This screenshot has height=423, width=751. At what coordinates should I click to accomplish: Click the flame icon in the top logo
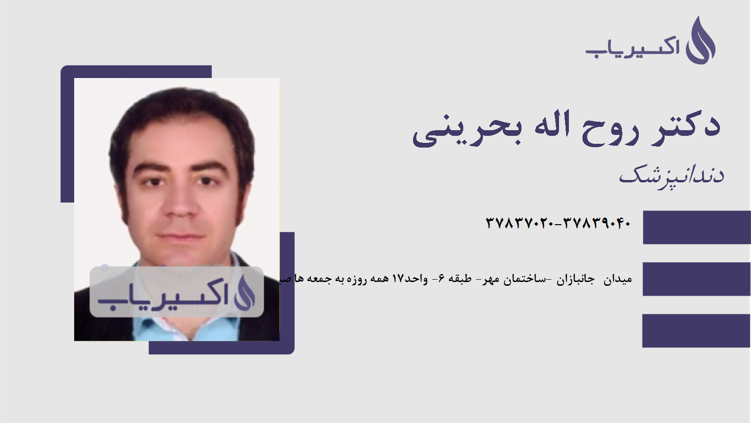[x=700, y=41]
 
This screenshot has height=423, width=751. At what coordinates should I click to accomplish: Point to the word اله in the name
[x=552, y=125]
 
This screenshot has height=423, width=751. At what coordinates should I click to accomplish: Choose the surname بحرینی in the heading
[x=467, y=129]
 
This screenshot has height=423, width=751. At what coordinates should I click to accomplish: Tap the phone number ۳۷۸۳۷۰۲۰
[x=520, y=223]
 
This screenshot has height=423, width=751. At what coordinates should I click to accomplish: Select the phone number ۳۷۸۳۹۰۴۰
[x=597, y=223]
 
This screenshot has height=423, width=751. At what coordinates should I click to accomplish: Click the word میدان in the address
[x=618, y=280]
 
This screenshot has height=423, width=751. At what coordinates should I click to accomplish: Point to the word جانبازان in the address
[x=575, y=280]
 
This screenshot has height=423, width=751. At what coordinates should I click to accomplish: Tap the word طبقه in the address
[x=460, y=279]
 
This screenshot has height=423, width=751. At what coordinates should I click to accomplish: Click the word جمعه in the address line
[x=319, y=279]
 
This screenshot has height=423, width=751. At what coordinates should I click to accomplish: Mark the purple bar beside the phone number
[x=697, y=227]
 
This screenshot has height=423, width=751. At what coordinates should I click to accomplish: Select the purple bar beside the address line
[x=697, y=279]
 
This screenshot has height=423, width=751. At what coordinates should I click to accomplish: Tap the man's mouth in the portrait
[x=181, y=236]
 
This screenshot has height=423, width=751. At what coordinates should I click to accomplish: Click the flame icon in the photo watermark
[x=245, y=292]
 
